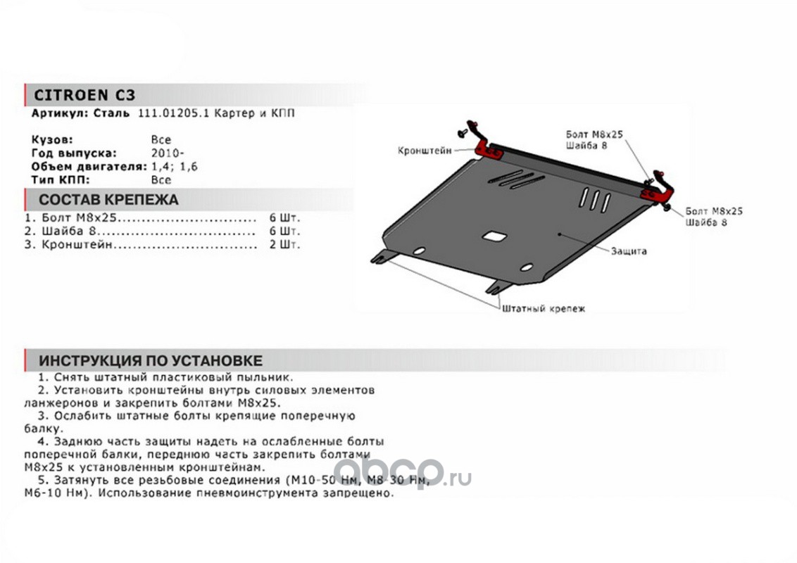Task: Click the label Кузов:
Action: [x=52, y=139]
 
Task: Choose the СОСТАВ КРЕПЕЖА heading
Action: [x=108, y=200]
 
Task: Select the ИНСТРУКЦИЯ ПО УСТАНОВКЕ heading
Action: [x=151, y=361]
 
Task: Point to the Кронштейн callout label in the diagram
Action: [x=425, y=151]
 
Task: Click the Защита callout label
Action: [x=629, y=251]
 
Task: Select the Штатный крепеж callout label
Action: [x=544, y=308]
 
